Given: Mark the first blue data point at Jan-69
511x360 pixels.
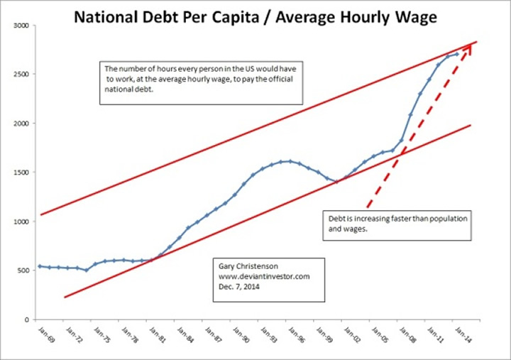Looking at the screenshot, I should pyautogui.click(x=39, y=266).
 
